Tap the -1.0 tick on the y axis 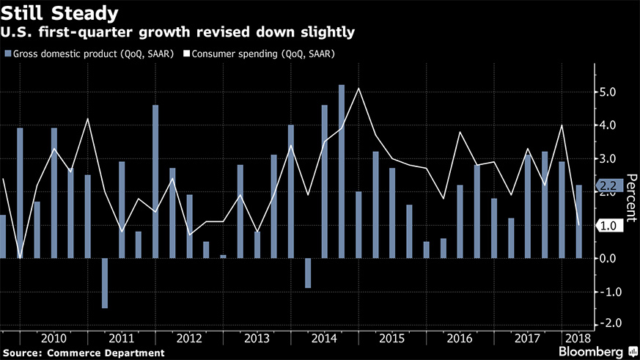[x=609, y=292]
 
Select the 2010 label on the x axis [x=55, y=338]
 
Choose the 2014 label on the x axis [x=324, y=338]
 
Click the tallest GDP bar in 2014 [x=342, y=172]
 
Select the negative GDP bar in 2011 [x=105, y=283]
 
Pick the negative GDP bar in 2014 [x=308, y=273]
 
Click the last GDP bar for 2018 [x=579, y=221]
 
